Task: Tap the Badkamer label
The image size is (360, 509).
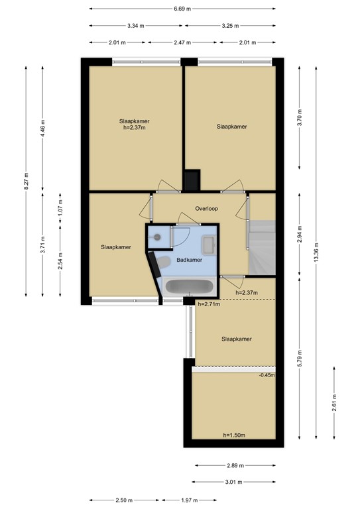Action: click(190, 260)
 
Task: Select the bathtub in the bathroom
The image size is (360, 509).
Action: click(189, 286)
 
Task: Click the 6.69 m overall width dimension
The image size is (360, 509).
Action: click(182, 9)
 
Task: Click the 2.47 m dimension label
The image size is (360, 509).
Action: click(182, 42)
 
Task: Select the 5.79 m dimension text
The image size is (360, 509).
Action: click(300, 358)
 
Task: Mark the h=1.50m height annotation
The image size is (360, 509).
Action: click(234, 435)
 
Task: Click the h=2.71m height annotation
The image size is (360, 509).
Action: click(209, 304)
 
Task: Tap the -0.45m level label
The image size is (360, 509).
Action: click(267, 375)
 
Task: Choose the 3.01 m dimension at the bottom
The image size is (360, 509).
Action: click(234, 482)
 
